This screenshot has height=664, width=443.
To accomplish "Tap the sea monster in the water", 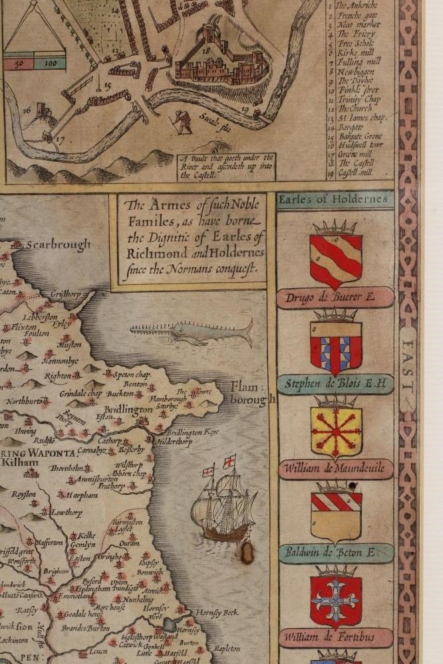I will (x=193, y=331).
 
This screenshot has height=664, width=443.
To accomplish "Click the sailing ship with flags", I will (x=223, y=501).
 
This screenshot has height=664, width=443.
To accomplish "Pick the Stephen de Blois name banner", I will (x=335, y=383).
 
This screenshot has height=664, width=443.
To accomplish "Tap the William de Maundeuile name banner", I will (x=335, y=469).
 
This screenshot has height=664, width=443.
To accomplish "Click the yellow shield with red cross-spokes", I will (x=336, y=432).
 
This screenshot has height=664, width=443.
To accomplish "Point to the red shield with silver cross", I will (x=336, y=600).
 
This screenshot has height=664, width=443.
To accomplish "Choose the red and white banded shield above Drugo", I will (x=336, y=260).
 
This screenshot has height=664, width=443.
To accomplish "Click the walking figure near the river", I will (x=181, y=120).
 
